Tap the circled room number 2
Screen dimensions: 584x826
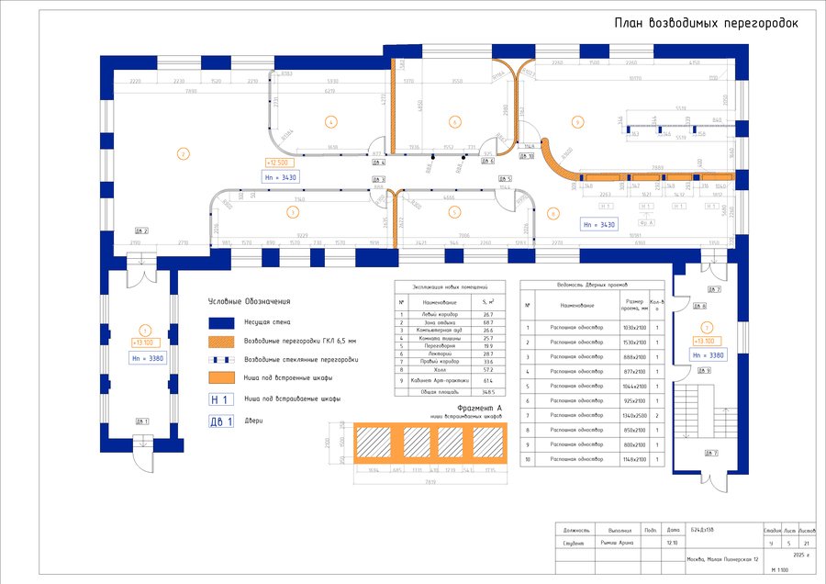click(183, 153)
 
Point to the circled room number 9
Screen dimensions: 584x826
click(577, 121)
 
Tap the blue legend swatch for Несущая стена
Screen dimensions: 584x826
click(223, 322)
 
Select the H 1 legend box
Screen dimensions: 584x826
click(220, 399)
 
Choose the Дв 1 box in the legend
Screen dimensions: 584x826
click(220, 421)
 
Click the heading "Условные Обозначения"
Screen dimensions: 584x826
click(249, 301)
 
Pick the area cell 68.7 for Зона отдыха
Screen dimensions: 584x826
click(488, 322)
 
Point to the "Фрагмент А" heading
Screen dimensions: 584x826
click(480, 407)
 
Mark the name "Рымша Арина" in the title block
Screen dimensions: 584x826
click(614, 543)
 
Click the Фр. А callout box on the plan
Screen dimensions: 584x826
click(646, 222)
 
